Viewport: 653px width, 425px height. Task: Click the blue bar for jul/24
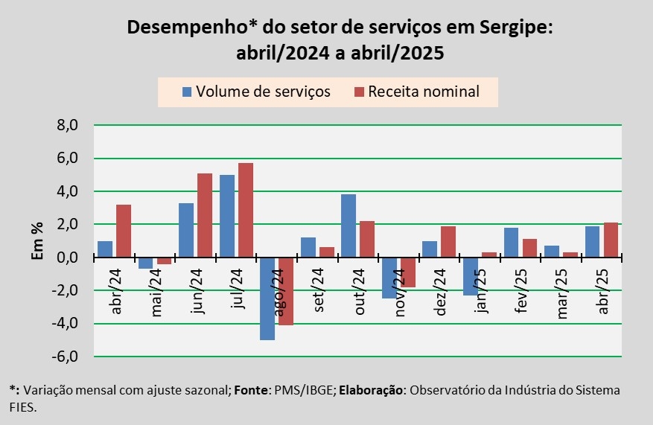pos(226,216)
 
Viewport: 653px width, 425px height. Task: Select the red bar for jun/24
pos(205,215)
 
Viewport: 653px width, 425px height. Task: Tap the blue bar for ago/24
pos(267,298)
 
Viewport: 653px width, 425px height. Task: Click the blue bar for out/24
pos(348,226)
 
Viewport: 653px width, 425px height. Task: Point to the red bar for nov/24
pos(407,272)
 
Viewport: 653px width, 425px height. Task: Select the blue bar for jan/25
pos(470,276)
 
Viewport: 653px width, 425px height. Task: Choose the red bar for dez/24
pos(447,242)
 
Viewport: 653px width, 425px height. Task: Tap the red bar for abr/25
pos(611,240)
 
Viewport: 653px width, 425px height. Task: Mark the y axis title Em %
pos(38,240)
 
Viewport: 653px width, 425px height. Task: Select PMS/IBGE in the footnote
pos(300,389)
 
